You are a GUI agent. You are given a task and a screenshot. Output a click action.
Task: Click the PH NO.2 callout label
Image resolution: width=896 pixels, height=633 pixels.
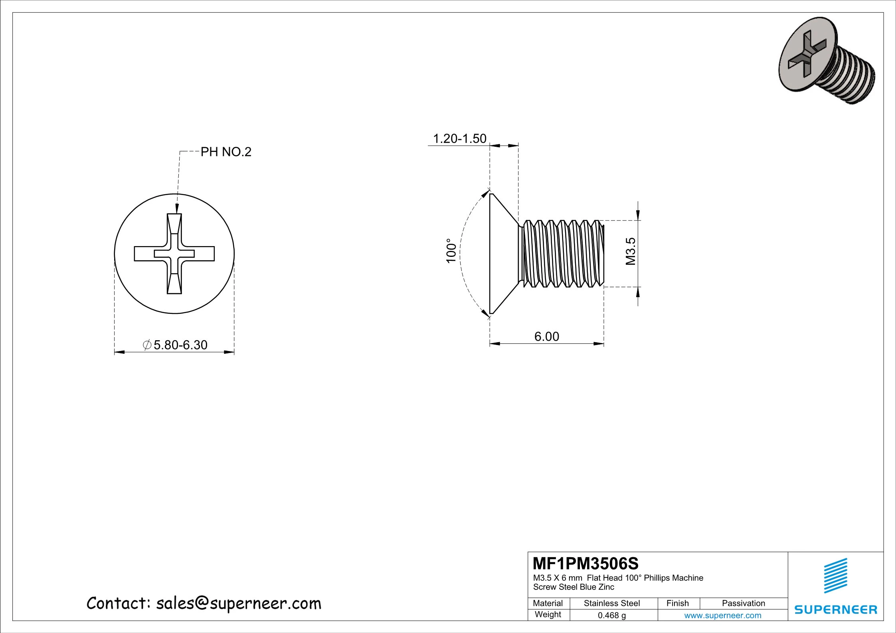click(x=225, y=152)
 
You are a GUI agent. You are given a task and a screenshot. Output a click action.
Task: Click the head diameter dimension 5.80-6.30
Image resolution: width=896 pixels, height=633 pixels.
click(x=176, y=345)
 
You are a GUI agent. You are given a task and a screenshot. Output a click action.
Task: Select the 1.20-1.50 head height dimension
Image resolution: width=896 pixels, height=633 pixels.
click(x=459, y=138)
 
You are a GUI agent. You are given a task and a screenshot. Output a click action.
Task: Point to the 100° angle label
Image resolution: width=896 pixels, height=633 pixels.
click(x=451, y=250)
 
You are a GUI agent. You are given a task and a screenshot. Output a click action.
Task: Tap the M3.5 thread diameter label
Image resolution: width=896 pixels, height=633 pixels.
click(x=630, y=251)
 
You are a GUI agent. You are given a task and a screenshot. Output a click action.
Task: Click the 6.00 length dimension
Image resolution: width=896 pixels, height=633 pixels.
click(x=546, y=336)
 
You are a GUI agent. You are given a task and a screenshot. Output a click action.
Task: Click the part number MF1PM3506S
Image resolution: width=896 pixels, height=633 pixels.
click(x=585, y=564)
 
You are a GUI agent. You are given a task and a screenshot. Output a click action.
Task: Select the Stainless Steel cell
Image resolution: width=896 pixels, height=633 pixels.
click(x=611, y=603)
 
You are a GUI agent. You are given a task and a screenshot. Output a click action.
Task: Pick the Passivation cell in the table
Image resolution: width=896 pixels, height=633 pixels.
click(x=743, y=603)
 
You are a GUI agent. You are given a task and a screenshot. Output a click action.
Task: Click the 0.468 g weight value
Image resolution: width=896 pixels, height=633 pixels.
click(x=611, y=615)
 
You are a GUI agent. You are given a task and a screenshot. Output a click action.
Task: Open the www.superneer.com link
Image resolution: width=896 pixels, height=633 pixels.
click(x=722, y=615)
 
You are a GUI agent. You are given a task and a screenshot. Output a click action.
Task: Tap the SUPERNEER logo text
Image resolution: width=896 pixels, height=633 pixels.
click(x=836, y=609)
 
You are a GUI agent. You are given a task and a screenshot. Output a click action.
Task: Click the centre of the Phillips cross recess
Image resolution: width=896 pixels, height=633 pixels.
click(x=174, y=254)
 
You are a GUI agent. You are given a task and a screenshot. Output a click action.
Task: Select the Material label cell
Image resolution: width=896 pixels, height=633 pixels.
click(x=548, y=603)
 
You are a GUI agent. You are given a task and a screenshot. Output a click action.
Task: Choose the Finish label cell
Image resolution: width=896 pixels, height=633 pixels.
click(x=678, y=603)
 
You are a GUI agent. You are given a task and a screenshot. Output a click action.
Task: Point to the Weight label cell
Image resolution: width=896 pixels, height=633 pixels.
click(x=548, y=614)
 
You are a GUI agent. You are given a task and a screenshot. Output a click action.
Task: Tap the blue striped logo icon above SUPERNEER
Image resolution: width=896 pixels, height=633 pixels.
click(x=835, y=576)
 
